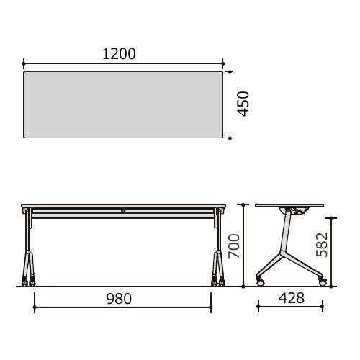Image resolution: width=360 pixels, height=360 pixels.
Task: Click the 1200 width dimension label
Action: (x=119, y=54)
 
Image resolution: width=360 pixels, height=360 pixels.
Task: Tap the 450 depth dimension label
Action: (x=243, y=104)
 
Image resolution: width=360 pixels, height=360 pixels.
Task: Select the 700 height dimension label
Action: (x=234, y=246)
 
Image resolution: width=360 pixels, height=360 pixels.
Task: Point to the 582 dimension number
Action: (x=322, y=244)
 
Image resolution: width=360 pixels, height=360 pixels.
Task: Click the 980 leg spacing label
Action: (x=119, y=299)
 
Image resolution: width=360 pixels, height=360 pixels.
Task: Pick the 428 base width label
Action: (x=292, y=298)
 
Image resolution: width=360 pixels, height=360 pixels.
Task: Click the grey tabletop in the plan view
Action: (x=123, y=104)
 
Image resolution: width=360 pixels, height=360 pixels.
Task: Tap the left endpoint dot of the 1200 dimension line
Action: (x=23, y=63)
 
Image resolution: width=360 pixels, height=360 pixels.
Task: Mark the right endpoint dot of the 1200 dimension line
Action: (x=223, y=63)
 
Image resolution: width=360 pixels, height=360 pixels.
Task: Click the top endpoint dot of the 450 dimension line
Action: (x=230, y=71)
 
